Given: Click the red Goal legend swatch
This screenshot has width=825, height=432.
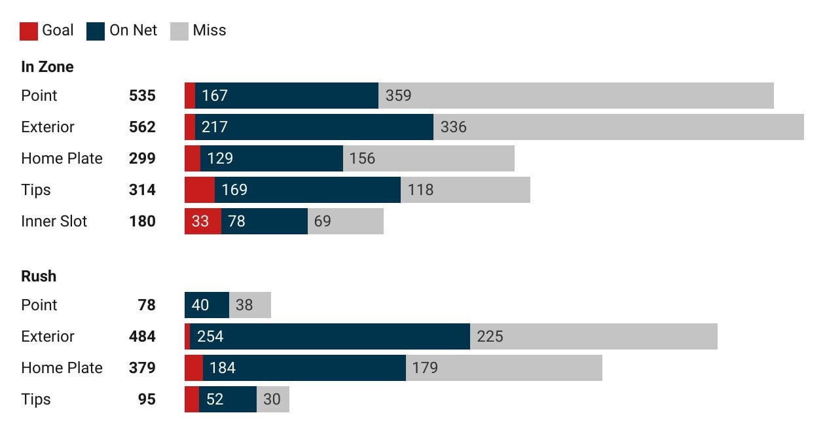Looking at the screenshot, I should click(x=29, y=31).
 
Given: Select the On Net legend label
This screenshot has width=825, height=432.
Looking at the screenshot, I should click(x=133, y=30).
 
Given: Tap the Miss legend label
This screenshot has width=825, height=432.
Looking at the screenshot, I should click(x=209, y=30).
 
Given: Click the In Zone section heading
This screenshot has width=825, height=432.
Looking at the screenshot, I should click(x=47, y=67).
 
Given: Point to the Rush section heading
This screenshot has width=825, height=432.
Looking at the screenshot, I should click(x=39, y=276).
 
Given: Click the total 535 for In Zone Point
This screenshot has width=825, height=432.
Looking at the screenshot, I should click(x=142, y=96).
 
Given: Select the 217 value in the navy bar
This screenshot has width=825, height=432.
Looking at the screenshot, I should click(x=215, y=127).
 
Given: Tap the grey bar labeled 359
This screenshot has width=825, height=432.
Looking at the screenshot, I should click(x=576, y=96).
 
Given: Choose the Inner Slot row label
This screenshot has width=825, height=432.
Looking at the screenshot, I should click(x=54, y=221).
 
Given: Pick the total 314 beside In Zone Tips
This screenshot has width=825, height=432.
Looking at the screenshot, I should click(x=142, y=190).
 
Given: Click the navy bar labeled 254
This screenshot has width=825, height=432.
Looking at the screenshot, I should click(x=330, y=336).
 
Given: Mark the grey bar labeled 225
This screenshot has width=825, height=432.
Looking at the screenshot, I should click(x=593, y=336).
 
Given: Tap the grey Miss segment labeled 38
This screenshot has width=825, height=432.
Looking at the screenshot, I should click(x=249, y=305).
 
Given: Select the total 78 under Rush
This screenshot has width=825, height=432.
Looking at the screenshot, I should click(x=147, y=305).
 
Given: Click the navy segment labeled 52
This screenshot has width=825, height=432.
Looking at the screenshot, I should click(x=227, y=399).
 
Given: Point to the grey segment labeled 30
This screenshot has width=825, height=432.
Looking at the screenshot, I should click(x=272, y=399).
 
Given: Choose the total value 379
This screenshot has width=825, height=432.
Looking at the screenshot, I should click(x=142, y=368).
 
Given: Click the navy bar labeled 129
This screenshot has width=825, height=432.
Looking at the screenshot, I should click(x=272, y=158).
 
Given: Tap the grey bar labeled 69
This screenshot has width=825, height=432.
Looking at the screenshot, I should click(x=345, y=221).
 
